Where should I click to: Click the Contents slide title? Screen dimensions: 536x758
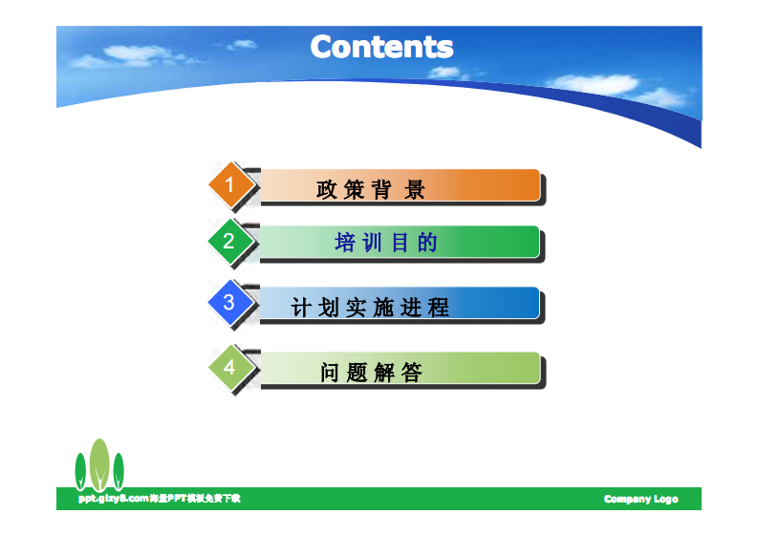point(381,46)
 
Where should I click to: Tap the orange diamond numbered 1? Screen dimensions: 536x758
point(229,182)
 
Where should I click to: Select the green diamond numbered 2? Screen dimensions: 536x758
point(229,241)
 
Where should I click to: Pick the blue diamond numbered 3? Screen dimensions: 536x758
point(229,303)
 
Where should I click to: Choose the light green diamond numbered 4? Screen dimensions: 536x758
point(229,368)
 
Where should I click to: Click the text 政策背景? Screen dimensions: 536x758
point(371,189)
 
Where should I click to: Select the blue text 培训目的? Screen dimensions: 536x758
point(386,243)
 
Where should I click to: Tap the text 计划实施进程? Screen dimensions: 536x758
point(370,308)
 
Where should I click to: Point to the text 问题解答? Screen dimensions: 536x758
point(371,373)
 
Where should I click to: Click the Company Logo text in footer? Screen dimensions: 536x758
point(640,499)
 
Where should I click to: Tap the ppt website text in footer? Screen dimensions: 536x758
point(159,499)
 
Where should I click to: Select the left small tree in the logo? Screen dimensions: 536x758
point(81,471)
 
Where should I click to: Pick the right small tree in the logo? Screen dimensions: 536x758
point(119,471)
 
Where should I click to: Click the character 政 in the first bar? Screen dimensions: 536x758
point(327,189)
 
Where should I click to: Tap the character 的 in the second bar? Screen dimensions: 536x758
point(427,243)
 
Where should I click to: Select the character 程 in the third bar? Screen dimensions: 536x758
point(439,308)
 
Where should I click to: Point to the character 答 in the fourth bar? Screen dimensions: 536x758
point(412,373)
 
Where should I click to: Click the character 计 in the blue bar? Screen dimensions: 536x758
point(301,308)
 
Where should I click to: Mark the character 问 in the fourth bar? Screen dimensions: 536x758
point(330,373)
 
